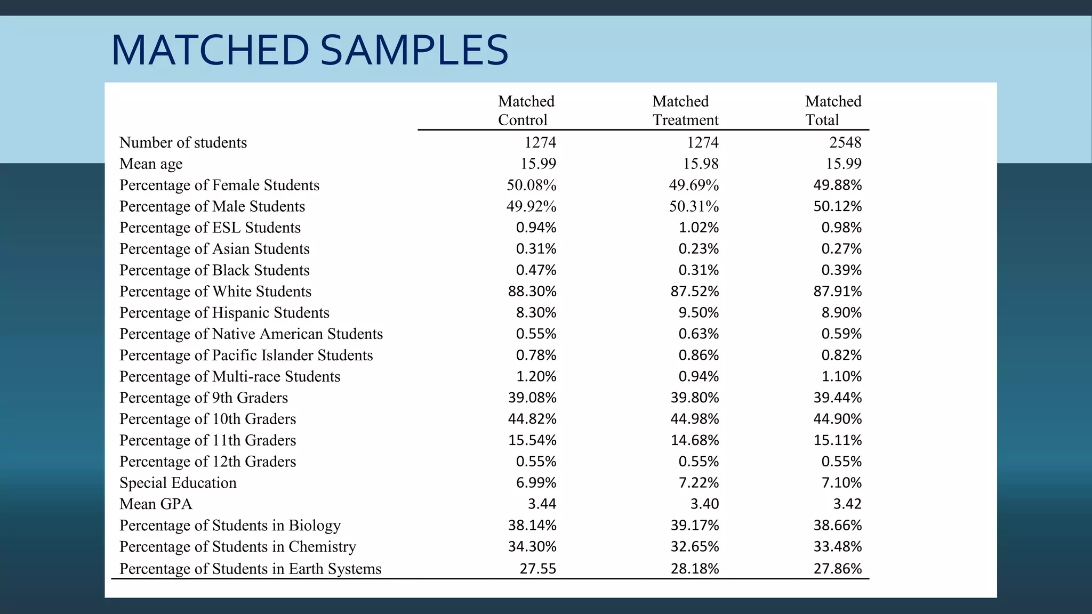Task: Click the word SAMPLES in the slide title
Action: tap(414, 51)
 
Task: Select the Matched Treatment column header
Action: tap(685, 110)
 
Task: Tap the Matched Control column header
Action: tap(526, 110)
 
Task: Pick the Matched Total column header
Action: tap(833, 110)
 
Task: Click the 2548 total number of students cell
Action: tap(845, 142)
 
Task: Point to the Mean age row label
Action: tap(151, 164)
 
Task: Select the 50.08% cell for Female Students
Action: tap(531, 185)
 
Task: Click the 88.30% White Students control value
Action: tap(532, 292)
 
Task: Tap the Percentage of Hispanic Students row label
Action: tap(224, 313)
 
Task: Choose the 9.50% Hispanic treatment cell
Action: tap(698, 313)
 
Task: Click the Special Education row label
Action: tap(178, 483)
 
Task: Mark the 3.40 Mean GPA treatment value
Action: tap(704, 504)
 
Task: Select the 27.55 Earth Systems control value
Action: tap(537, 569)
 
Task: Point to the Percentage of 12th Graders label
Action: tap(207, 462)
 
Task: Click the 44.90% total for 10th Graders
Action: tap(837, 419)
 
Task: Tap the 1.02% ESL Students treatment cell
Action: tap(698, 228)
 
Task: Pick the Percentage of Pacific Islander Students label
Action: tap(246, 356)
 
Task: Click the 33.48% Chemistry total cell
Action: tap(837, 547)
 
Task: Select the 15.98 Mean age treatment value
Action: tap(701, 164)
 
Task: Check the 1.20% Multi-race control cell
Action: tap(536, 376)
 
